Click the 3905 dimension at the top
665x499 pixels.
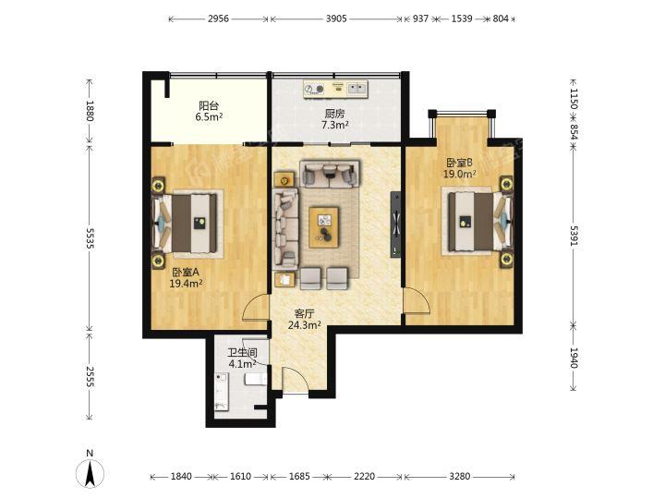pyautogui.click(x=336, y=18)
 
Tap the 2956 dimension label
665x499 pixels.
pyautogui.click(x=218, y=18)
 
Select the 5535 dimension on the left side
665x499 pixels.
pyautogui.click(x=90, y=238)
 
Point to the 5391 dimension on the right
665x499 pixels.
pyautogui.click(x=574, y=236)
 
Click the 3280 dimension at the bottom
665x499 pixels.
pyautogui.click(x=459, y=477)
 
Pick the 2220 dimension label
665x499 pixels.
pyautogui.click(x=364, y=477)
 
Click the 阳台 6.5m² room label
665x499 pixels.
pyautogui.click(x=209, y=111)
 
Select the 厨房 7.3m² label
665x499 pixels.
pyautogui.click(x=334, y=119)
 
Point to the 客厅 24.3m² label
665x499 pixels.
pyautogui.click(x=304, y=320)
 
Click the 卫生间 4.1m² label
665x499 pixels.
pyautogui.click(x=242, y=359)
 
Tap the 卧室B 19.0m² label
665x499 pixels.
pyautogui.click(x=459, y=168)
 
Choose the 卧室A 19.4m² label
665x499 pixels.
pyautogui.click(x=186, y=277)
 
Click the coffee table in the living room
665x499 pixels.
pyautogui.click(x=324, y=227)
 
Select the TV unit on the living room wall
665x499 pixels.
pyautogui.click(x=395, y=225)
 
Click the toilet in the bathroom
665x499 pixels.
pyautogui.click(x=256, y=379)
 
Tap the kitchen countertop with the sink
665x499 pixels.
pyautogui.click(x=336, y=89)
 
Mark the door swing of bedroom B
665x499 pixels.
pyautogui.click(x=417, y=300)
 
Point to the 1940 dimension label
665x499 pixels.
pyautogui.click(x=574, y=359)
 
